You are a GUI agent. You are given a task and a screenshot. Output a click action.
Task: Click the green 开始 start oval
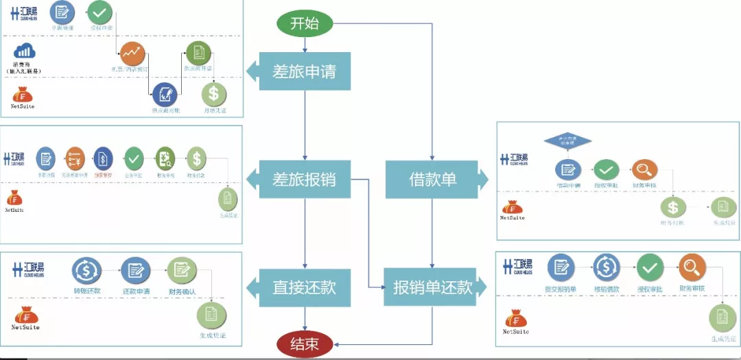pyautogui.click(x=305, y=24)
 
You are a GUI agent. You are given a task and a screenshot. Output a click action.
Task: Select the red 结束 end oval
pyautogui.click(x=305, y=344)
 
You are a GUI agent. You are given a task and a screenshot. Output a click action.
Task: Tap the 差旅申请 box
pyautogui.click(x=305, y=71)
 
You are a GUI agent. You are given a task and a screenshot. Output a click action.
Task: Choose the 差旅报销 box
pyautogui.click(x=305, y=179)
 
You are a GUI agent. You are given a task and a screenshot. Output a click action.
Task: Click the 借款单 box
pyautogui.click(x=432, y=180)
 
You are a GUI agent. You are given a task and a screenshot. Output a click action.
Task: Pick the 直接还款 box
pyautogui.click(x=305, y=287)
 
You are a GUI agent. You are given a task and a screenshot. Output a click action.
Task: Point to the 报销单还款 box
pyautogui.click(x=432, y=287)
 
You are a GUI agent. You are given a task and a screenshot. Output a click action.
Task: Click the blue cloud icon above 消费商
pyautogui.click(x=25, y=51)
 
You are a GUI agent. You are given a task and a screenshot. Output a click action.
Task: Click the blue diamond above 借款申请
pyautogui.click(x=567, y=141)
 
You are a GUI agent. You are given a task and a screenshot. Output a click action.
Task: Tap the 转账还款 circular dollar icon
pyautogui.click(x=86, y=270)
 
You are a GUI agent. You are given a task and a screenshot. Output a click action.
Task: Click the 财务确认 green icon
pyautogui.click(x=181, y=270)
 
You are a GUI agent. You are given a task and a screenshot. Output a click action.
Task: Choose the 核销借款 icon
pyautogui.click(x=607, y=267)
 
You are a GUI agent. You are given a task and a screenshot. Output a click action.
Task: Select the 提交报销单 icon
pyautogui.click(x=561, y=267)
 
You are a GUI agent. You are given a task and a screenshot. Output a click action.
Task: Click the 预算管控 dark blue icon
pyautogui.click(x=102, y=159)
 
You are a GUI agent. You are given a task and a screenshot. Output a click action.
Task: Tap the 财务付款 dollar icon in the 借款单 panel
pyautogui.click(x=673, y=207)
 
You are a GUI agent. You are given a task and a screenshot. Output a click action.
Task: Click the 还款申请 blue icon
pyautogui.click(x=135, y=270)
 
